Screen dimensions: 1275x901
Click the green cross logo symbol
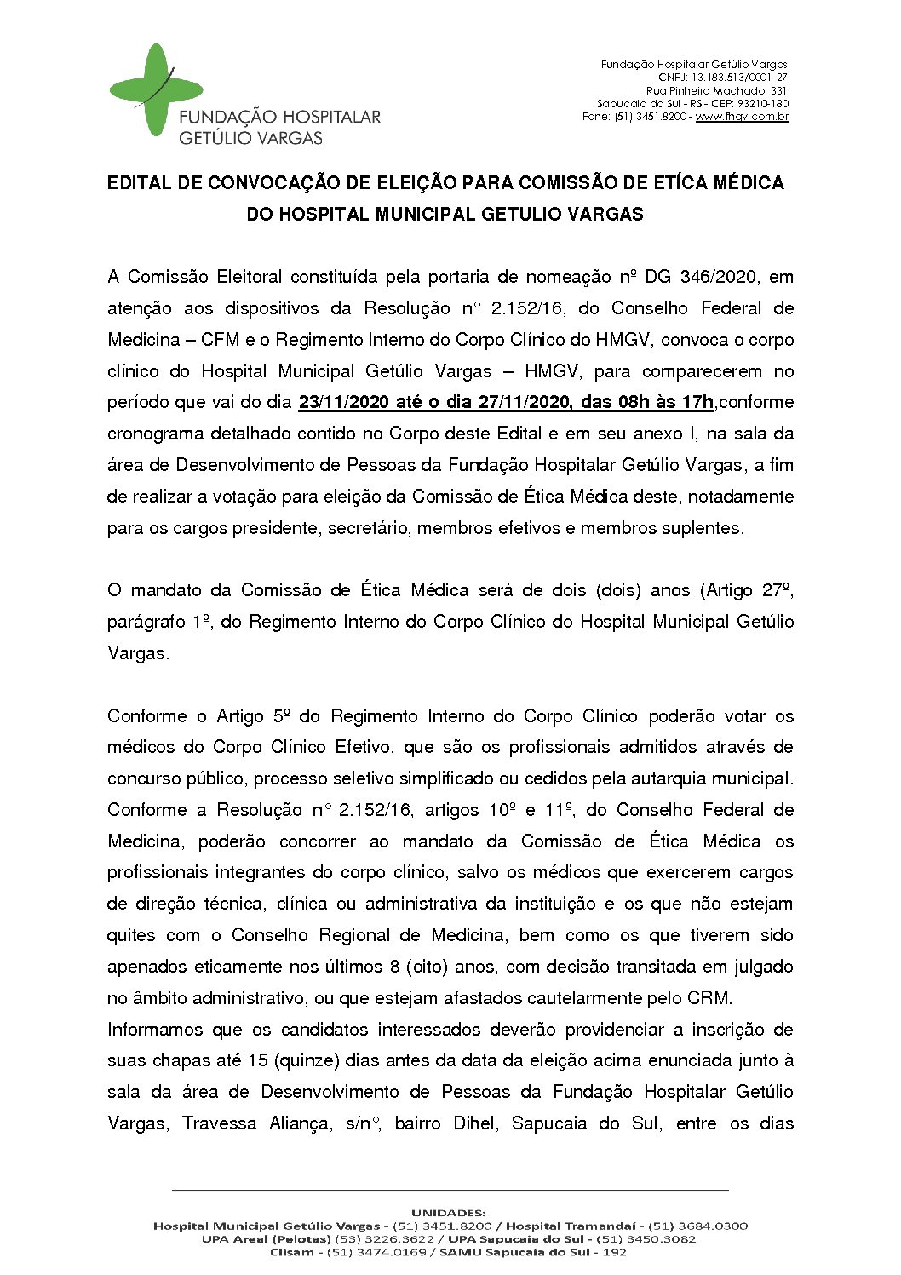(156, 89)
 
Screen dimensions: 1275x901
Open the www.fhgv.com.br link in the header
(742, 117)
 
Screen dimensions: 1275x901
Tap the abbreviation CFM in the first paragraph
(221, 340)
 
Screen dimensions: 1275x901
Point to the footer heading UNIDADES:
(449, 1213)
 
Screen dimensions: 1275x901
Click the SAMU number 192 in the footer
(615, 1252)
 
